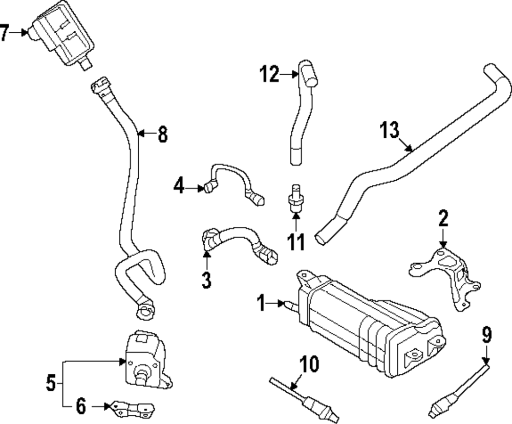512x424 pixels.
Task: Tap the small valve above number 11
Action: point(295,197)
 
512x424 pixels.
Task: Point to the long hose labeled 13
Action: point(410,154)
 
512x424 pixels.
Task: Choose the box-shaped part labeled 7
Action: point(61,36)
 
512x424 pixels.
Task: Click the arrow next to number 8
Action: point(144,134)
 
